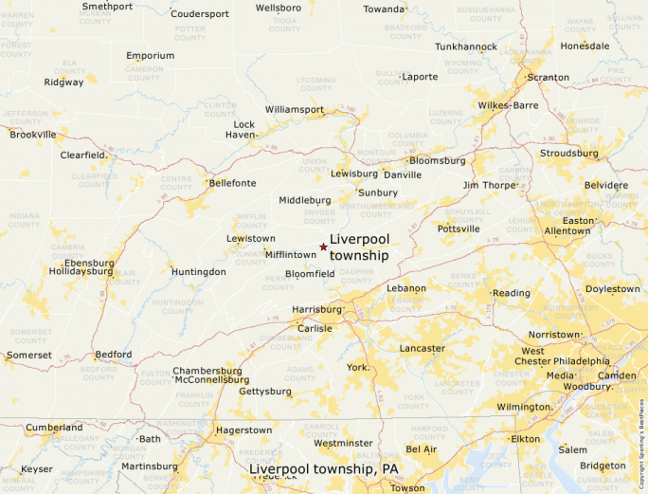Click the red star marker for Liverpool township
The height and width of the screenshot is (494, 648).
323,247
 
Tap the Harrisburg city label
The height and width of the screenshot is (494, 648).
316,309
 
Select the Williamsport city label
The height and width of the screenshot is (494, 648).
294,110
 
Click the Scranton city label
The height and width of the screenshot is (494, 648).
549,78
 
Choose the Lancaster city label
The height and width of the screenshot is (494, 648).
422,348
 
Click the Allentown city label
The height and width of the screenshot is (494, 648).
567,230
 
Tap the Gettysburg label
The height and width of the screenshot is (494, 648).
265,391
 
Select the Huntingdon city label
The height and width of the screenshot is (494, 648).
199,272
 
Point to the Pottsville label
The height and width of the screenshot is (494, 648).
460,229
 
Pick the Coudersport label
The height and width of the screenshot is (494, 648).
200,14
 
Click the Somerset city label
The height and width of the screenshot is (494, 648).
29,355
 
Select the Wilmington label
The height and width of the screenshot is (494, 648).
524,407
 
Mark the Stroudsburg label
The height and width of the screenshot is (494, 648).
568,153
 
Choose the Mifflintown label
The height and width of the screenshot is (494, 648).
291,255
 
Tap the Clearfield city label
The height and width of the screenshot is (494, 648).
82,155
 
